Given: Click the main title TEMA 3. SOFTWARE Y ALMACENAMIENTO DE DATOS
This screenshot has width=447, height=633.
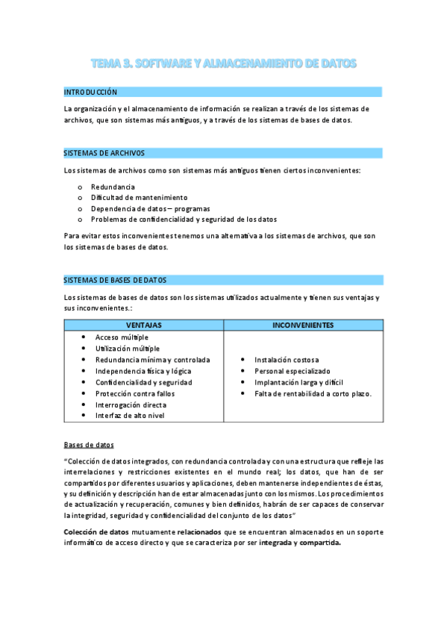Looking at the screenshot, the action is (223, 64).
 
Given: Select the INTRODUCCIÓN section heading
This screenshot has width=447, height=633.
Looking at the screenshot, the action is (91, 92).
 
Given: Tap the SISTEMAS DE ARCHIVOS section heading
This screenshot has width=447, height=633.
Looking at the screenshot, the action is (104, 153).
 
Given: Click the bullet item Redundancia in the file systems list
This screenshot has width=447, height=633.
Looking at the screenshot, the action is (113, 187).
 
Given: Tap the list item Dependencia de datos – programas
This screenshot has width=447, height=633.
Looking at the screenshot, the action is (150, 208).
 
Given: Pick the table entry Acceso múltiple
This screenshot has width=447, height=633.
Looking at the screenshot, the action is (122, 337).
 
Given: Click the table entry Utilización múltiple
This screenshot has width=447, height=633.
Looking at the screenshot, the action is (128, 349).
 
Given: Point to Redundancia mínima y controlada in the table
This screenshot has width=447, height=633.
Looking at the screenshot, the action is (153, 360).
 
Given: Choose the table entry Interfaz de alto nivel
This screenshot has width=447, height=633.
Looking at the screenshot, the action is (130, 416).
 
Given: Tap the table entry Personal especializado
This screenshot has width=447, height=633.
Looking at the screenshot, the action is (293, 371).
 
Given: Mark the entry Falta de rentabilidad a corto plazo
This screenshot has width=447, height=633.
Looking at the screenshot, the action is (313, 393).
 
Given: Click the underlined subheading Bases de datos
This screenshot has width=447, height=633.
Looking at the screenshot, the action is (89, 444).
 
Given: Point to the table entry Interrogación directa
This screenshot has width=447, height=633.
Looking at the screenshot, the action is (131, 405).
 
